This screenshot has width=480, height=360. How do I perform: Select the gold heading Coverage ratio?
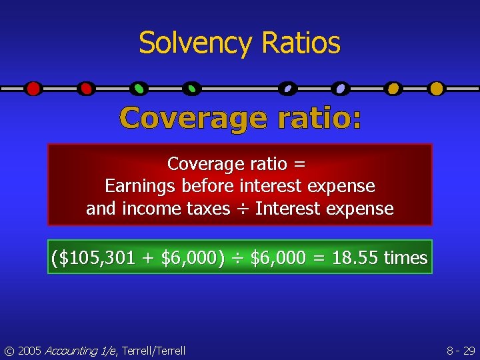point(241,119)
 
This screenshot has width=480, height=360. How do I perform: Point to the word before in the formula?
point(209,186)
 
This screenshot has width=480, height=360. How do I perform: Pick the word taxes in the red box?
point(208,209)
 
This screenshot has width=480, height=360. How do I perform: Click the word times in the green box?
point(405,258)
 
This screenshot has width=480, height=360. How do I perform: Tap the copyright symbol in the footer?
point(8,350)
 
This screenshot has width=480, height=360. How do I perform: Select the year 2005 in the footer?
point(29,350)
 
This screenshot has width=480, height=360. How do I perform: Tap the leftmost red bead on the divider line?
point(33,88)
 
